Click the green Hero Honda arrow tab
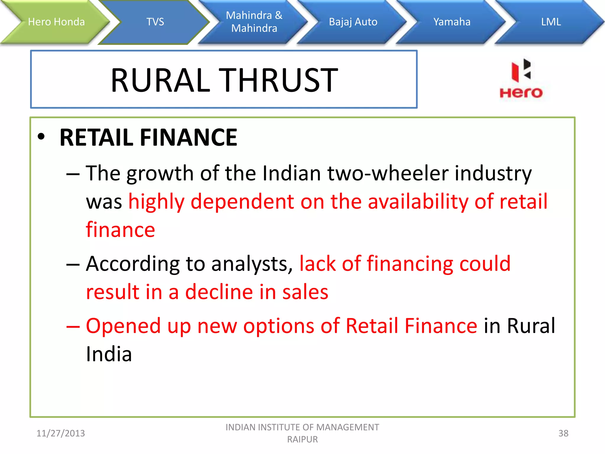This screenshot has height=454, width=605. [x=56, y=22]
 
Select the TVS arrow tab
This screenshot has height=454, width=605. [x=155, y=22]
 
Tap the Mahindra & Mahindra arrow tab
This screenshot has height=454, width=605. [x=254, y=22]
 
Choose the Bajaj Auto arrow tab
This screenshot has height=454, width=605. [x=353, y=22]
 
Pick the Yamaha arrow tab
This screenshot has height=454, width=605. [x=452, y=22]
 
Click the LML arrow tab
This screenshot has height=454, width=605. [x=551, y=22]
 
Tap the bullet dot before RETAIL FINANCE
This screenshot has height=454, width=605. [x=41, y=137]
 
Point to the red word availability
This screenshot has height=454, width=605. [x=418, y=202]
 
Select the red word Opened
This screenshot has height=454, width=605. [x=123, y=326]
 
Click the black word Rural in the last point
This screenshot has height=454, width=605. [x=531, y=326]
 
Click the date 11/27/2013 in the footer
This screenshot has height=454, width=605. [x=61, y=433]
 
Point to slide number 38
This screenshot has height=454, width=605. [x=563, y=433]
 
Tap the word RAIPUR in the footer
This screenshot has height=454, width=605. [x=302, y=440]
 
